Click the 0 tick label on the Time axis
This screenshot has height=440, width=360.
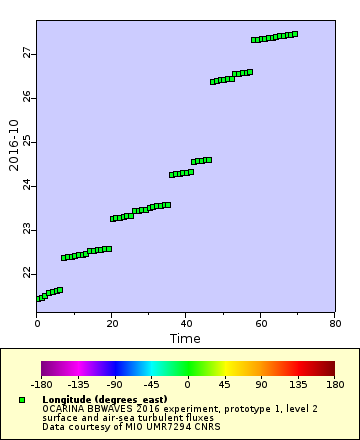pos(37,323)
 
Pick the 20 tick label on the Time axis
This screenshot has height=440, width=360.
pos(111,323)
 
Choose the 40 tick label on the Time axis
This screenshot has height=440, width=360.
pos(185,323)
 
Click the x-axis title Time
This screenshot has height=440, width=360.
pos(185,339)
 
